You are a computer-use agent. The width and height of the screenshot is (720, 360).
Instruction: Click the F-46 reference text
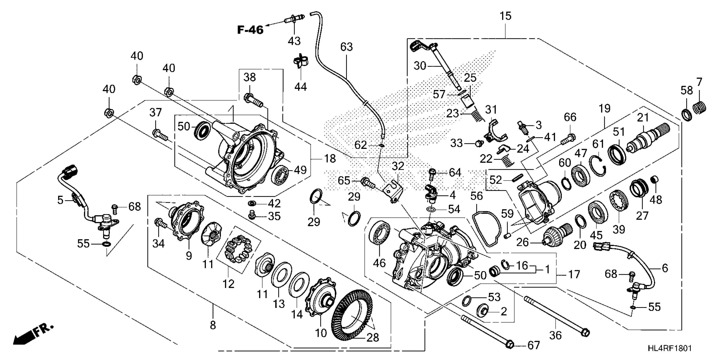[250, 30]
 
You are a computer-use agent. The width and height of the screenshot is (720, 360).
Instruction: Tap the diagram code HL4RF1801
[669, 348]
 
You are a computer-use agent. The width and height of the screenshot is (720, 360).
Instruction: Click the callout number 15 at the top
[505, 16]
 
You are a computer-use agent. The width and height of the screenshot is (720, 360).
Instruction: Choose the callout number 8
[213, 325]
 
